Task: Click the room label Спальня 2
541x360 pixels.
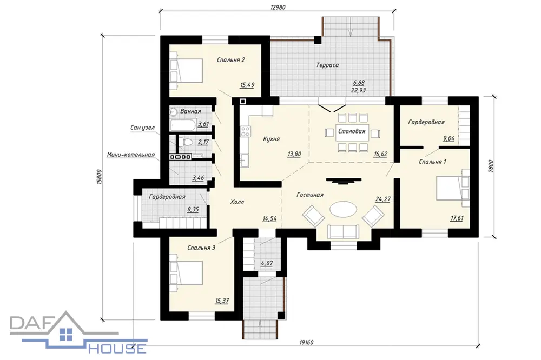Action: [x=231, y=60]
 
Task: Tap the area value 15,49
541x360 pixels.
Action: [x=247, y=85]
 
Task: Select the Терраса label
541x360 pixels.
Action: [x=327, y=65]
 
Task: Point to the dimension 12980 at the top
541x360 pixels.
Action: [x=278, y=7]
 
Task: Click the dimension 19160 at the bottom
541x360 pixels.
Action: [x=306, y=342]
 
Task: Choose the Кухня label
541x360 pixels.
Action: [x=272, y=139]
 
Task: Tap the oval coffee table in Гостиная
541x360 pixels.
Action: [x=344, y=209]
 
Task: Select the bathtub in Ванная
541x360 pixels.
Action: [x=183, y=125]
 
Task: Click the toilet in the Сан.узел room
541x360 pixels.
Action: [x=187, y=142]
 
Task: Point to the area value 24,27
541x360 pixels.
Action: [x=382, y=199]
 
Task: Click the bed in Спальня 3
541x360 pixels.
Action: [x=186, y=273]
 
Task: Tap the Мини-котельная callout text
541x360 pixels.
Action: [x=131, y=155]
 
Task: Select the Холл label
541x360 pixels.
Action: [x=237, y=202]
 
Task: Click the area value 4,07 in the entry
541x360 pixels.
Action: [x=267, y=263]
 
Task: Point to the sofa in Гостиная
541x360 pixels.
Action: [x=344, y=231]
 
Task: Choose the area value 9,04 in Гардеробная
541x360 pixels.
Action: [x=448, y=138]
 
